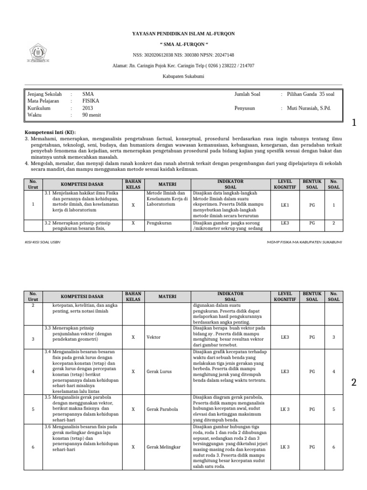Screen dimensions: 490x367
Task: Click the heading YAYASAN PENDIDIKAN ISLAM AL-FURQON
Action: pyautogui.click(x=183, y=34)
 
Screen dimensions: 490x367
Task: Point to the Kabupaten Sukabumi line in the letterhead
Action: pyautogui.click(x=183, y=76)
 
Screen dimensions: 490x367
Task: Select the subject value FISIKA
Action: pyautogui.click(x=90, y=101)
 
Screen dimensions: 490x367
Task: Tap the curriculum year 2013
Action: pyautogui.click(x=87, y=108)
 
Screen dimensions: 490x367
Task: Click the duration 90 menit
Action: pyautogui.click(x=91, y=115)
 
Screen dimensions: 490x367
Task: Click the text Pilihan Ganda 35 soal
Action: pyautogui.click(x=311, y=94)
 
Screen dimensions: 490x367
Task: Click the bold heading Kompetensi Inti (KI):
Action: pyautogui.click(x=50, y=132)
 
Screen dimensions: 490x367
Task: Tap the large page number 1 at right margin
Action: pyautogui.click(x=354, y=123)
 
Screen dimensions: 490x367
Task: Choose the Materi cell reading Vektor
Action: pyautogui.click(x=153, y=337)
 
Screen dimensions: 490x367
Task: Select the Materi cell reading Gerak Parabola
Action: pyautogui.click(x=162, y=409)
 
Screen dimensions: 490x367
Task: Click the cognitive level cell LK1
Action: pyautogui.click(x=285, y=204)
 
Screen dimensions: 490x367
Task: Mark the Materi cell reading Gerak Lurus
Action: pyautogui.click(x=159, y=371)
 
